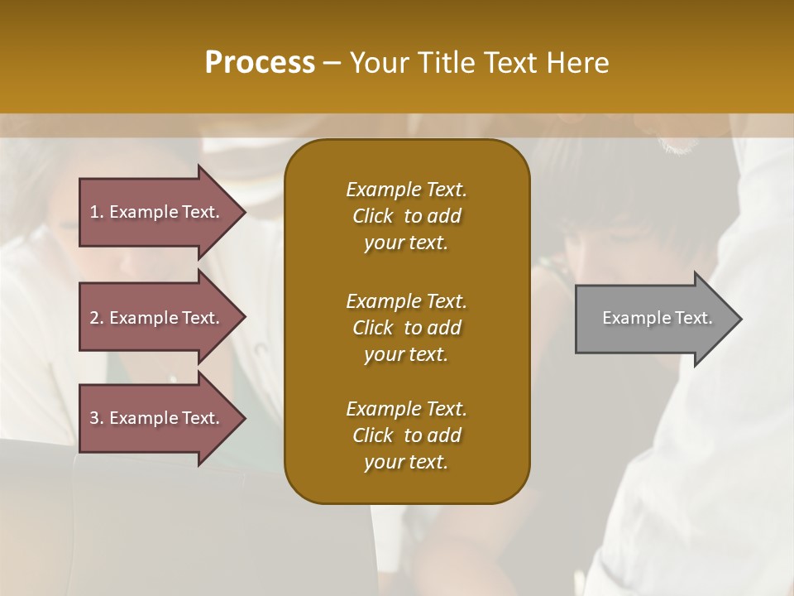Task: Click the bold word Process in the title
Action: (260, 63)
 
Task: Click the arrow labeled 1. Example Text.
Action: (157, 211)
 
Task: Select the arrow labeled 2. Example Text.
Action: (157, 317)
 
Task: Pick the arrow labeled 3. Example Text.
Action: (157, 418)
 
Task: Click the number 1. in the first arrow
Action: (97, 212)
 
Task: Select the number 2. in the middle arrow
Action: (97, 318)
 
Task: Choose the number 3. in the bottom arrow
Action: (97, 418)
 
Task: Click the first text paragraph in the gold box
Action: (406, 216)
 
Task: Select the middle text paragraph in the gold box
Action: (406, 328)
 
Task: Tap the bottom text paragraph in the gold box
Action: (406, 435)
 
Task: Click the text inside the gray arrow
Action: (657, 318)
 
